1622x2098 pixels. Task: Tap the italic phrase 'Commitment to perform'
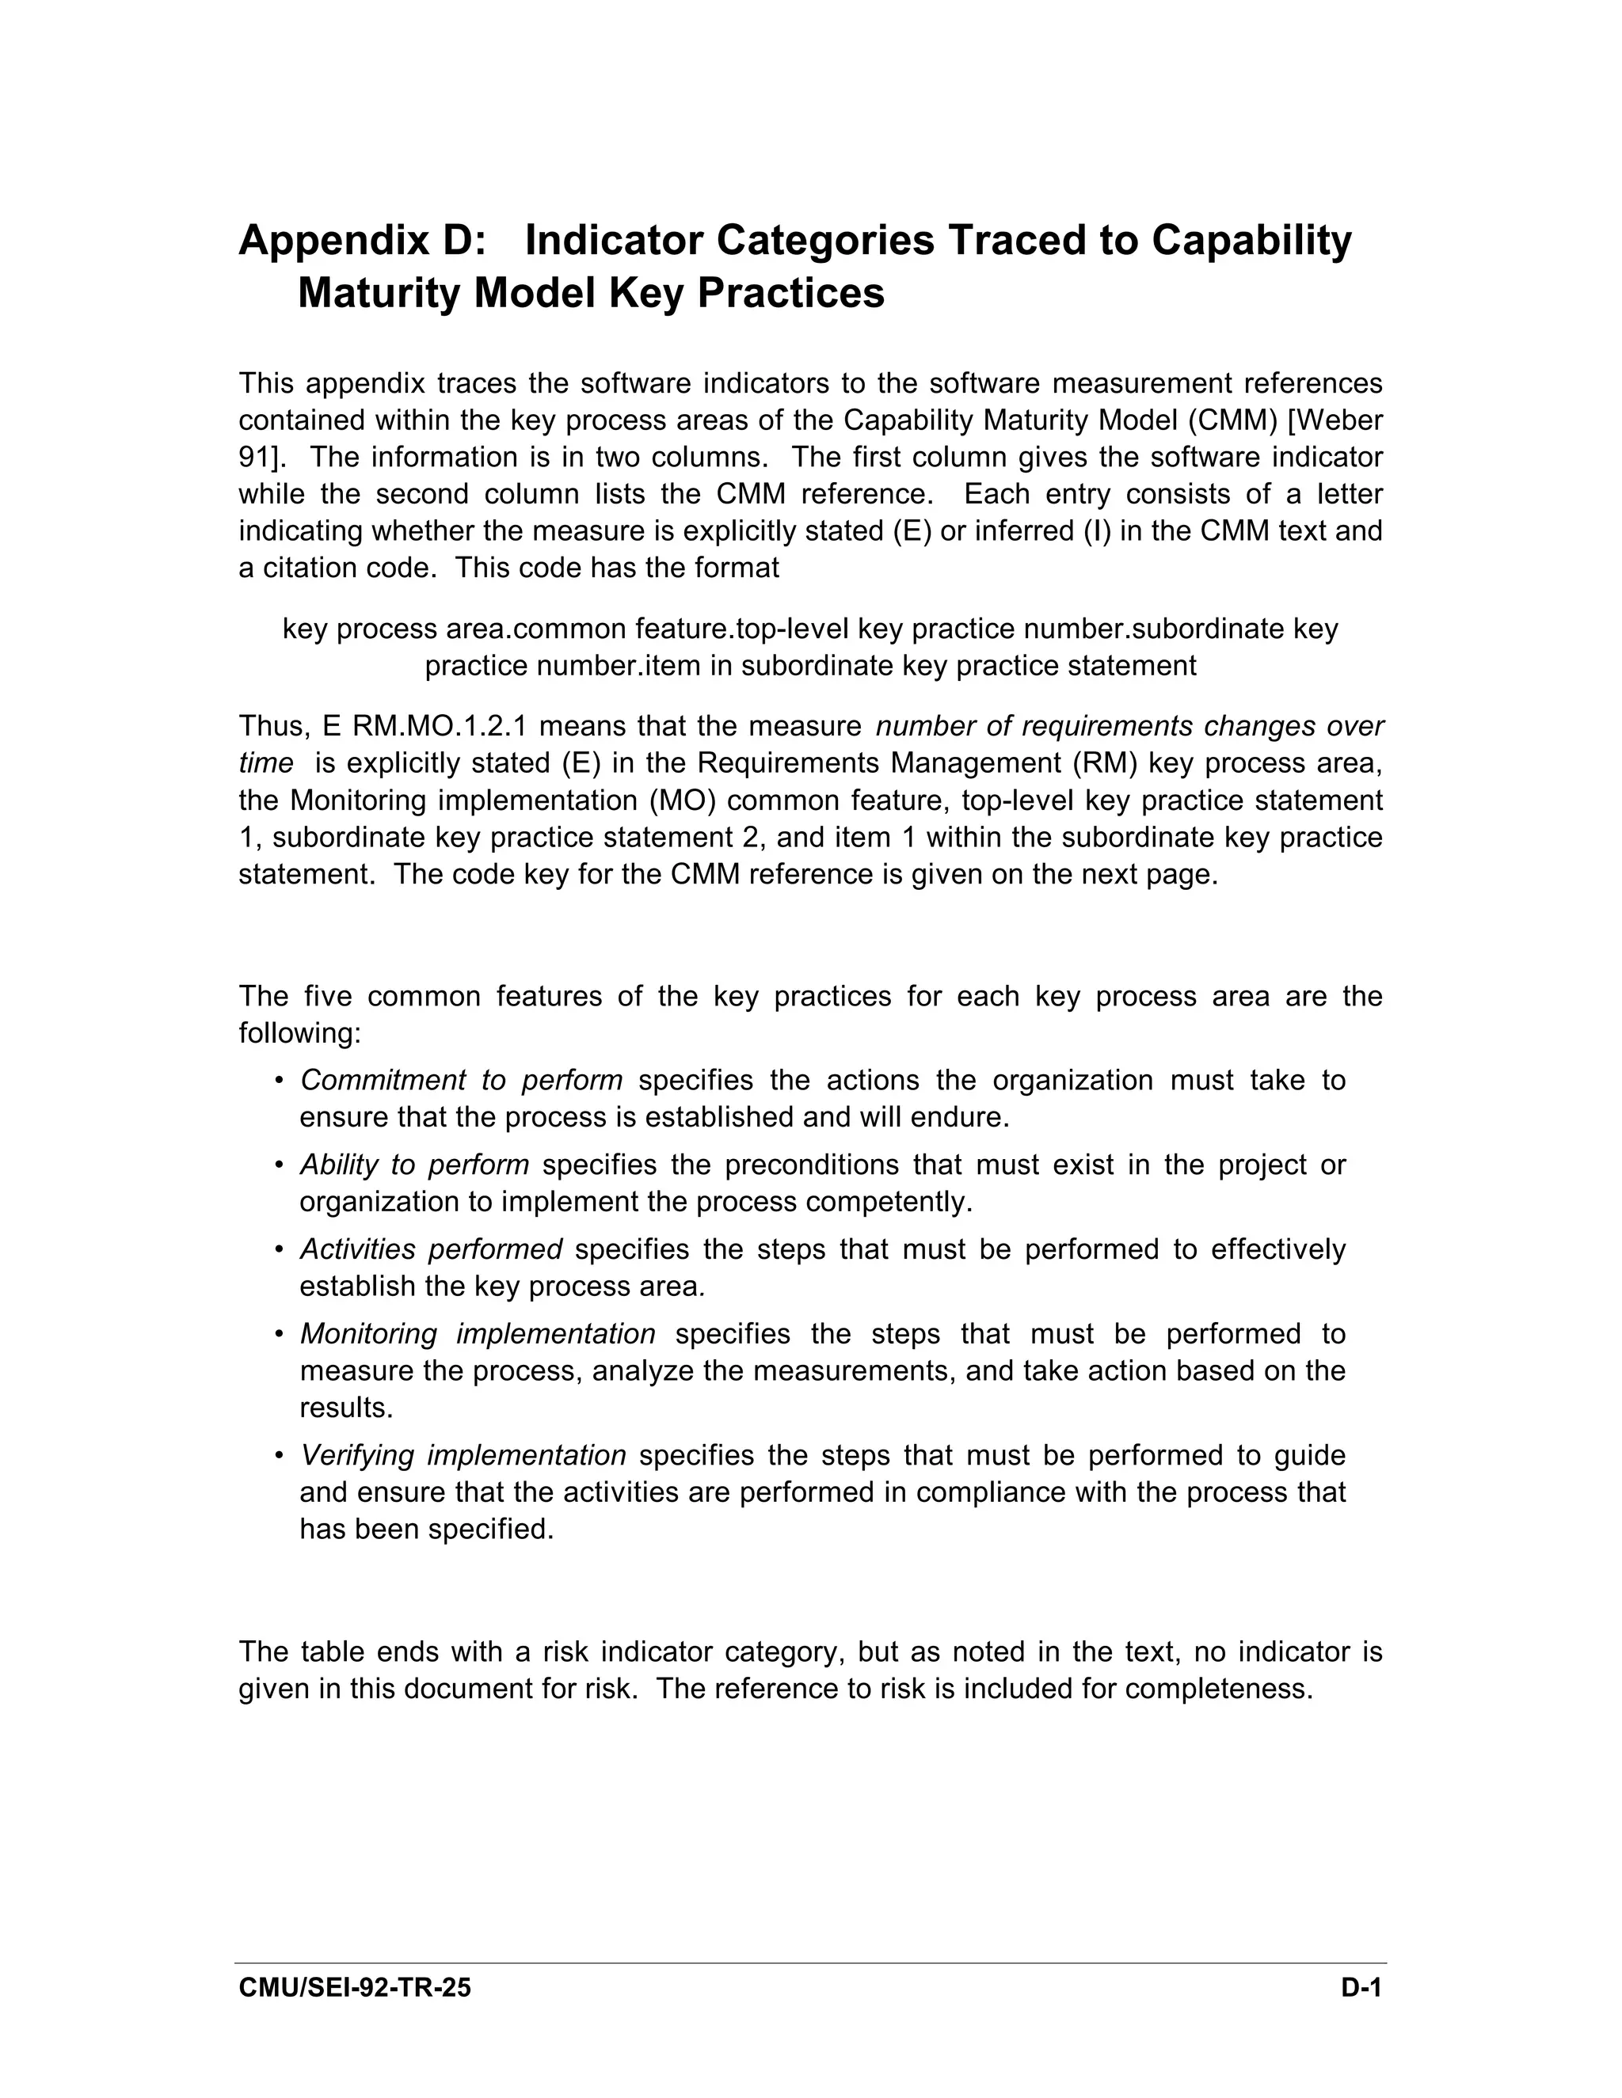[x=461, y=1081]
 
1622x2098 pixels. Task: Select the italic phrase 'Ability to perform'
[x=414, y=1165]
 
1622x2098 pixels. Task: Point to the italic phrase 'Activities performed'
[x=431, y=1250]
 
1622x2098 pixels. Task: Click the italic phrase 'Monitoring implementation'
[x=478, y=1334]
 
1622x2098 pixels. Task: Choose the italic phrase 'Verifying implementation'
[x=463, y=1455]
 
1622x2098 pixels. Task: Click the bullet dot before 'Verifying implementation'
[x=279, y=1456]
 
